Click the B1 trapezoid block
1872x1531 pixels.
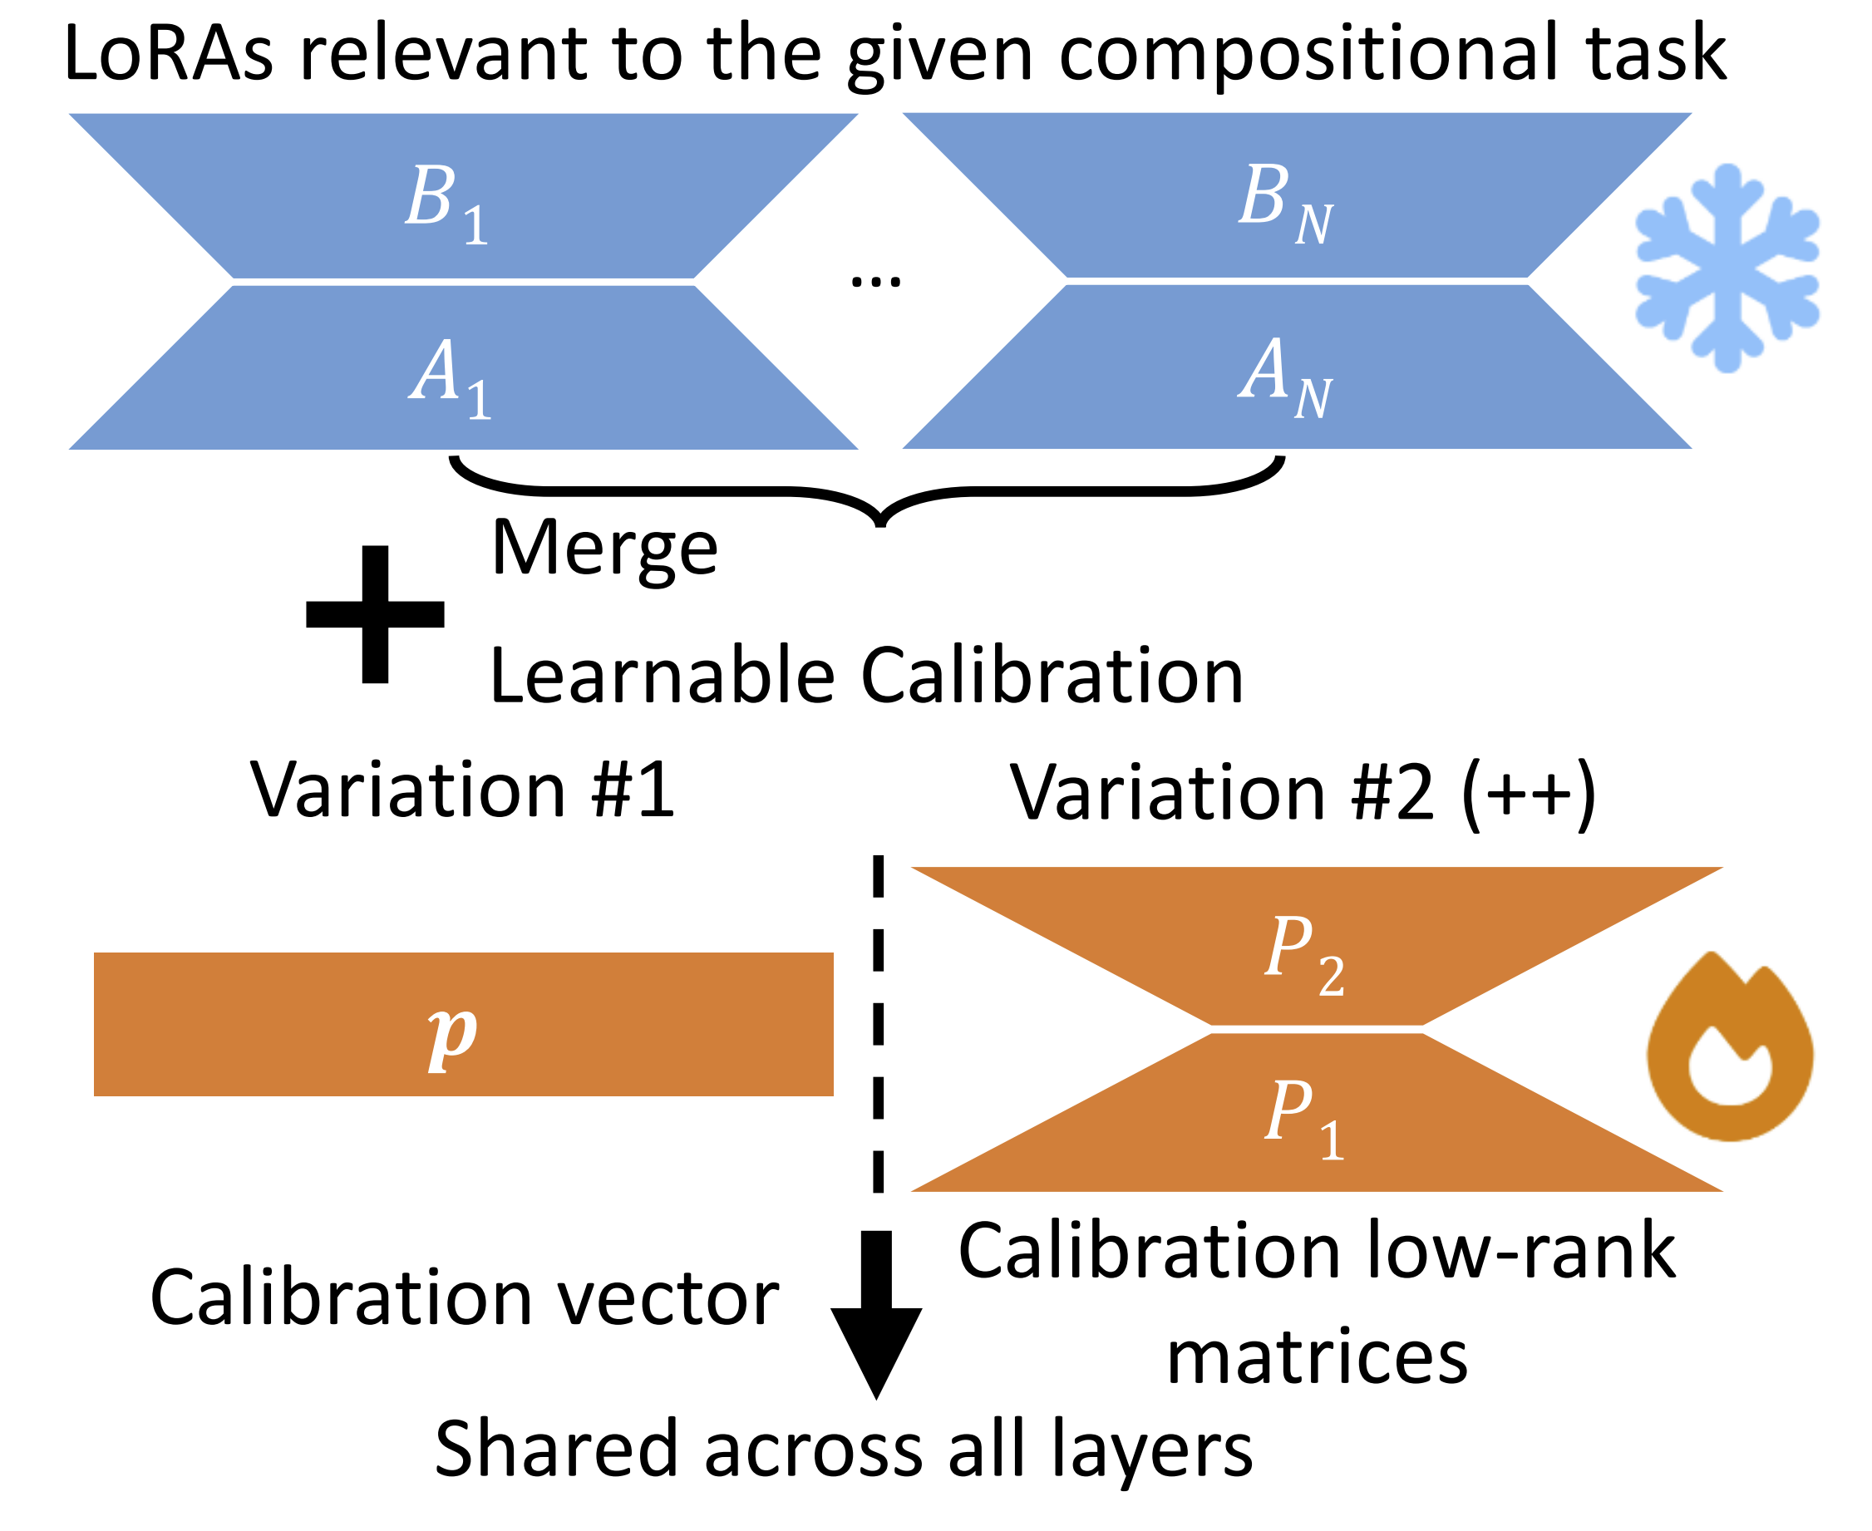[x=462, y=196]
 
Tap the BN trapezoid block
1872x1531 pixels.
[x=1296, y=196]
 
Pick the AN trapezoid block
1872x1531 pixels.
[x=1296, y=367]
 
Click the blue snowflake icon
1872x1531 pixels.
[x=1727, y=268]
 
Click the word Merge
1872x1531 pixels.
[x=605, y=549]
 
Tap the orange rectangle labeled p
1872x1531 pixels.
[x=463, y=1024]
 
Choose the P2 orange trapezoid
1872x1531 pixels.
[x=1316, y=949]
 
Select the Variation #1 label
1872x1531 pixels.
[x=462, y=790]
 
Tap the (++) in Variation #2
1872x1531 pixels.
[x=1527, y=794]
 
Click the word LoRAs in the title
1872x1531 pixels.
[x=168, y=55]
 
